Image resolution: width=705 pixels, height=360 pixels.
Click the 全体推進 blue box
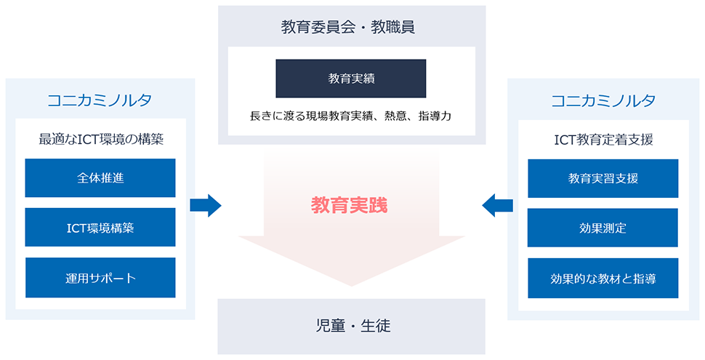[100, 178]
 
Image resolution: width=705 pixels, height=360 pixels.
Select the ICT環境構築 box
[100, 228]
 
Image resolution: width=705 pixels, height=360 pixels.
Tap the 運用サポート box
[100, 277]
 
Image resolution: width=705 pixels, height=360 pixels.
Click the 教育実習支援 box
[603, 178]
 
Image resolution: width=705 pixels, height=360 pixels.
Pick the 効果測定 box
[603, 228]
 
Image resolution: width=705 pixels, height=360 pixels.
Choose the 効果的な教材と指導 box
[603, 277]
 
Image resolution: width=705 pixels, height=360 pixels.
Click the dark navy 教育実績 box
[351, 79]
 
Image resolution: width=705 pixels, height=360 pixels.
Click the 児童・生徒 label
[351, 326]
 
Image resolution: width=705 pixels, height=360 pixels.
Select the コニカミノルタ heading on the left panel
[100, 100]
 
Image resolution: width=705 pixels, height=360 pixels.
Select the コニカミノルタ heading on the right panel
[603, 100]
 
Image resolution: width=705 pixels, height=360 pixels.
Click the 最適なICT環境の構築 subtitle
[101, 139]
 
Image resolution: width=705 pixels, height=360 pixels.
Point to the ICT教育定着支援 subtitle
[603, 139]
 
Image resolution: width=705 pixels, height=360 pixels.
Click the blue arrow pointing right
[205, 205]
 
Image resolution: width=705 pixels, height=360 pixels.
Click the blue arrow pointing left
[497, 205]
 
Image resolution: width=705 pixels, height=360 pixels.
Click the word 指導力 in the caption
[435, 116]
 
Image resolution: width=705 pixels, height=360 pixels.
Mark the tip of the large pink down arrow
[351, 284]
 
